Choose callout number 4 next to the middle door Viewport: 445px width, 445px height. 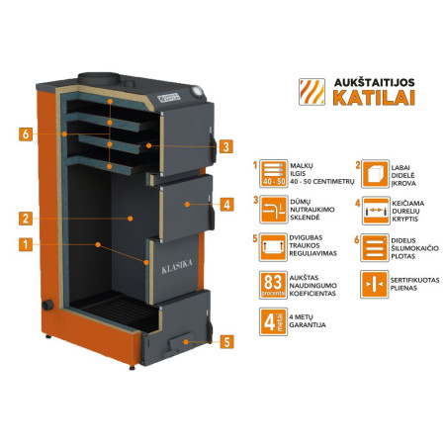point(225,206)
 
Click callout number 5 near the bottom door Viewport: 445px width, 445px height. point(225,342)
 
